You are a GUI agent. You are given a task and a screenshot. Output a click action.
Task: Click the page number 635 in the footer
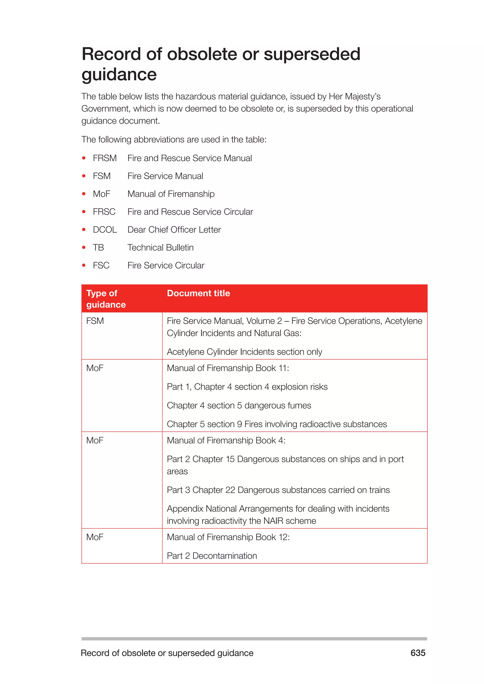418,653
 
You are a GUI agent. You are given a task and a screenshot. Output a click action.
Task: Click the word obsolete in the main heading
202,54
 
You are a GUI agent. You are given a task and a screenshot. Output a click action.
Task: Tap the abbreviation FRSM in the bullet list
105,158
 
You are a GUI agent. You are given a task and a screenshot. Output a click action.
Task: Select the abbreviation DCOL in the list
105,230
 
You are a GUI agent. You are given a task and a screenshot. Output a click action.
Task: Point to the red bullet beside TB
84,248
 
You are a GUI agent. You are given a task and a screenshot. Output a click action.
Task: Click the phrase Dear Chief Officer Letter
174,230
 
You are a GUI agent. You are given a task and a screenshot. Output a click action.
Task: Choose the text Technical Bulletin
160,248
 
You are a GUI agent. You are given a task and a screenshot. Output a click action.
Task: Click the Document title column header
198,293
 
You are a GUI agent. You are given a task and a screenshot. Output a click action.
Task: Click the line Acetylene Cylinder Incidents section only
244,352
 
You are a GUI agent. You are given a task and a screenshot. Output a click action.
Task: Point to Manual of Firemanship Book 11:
228,368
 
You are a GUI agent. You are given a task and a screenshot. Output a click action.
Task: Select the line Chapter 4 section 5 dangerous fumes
239,406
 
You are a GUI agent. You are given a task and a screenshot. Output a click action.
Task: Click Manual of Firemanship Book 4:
226,440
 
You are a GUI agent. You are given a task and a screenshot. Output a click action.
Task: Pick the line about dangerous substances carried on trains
278,490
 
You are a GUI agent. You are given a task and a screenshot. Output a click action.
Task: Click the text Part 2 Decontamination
212,556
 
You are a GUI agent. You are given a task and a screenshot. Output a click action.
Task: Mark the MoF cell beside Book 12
95,537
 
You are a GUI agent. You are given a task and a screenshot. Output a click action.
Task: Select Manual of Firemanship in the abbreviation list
171,194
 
